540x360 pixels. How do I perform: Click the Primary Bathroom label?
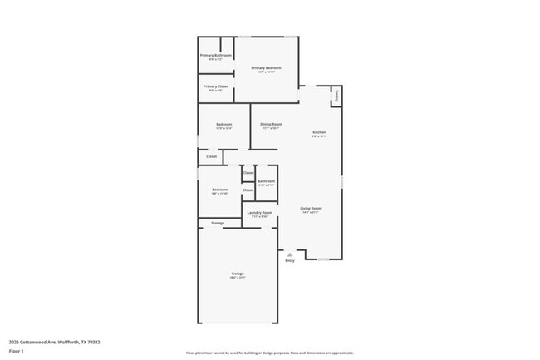[215, 56]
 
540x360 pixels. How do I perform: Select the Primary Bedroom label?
[266, 68]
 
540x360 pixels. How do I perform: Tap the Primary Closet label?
[215, 86]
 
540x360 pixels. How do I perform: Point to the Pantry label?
[336, 96]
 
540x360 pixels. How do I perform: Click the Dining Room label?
[271, 125]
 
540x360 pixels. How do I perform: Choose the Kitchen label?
[319, 133]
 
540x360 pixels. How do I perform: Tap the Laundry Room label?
[259, 213]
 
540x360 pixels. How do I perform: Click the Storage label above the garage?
[218, 223]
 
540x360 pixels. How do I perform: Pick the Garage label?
[238, 274]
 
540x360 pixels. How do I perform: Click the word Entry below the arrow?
[290, 261]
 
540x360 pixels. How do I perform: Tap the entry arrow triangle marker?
[290, 254]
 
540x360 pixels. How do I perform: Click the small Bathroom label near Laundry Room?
[266, 181]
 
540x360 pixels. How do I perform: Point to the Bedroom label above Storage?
[219, 190]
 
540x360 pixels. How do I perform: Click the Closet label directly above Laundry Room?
[248, 190]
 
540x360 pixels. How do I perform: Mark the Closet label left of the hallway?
[211, 156]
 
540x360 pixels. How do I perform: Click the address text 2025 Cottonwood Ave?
[41, 341]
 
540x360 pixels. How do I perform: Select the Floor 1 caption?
[16, 352]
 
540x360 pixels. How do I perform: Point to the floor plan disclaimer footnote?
[269, 353]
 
